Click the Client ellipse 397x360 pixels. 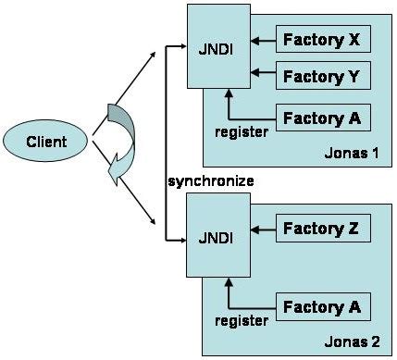tap(45, 141)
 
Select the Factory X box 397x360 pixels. tap(323, 39)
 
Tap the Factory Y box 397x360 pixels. tap(323, 76)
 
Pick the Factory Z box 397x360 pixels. tap(323, 228)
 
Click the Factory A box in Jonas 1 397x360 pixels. tap(323, 118)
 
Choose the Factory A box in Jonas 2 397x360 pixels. tap(323, 307)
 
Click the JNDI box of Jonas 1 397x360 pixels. tap(218, 46)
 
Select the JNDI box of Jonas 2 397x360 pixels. tap(218, 235)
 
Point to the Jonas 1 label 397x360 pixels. tap(352, 153)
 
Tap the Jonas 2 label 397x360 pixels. tap(352, 341)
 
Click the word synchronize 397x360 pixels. tap(211, 181)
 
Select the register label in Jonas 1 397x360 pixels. tap(242, 132)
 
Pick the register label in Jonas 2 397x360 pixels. tap(242, 321)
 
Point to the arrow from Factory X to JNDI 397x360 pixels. tap(263, 41)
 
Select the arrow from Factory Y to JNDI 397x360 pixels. tap(263, 73)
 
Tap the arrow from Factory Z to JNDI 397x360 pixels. tap(263, 230)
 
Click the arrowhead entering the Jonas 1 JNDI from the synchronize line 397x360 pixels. tap(183, 46)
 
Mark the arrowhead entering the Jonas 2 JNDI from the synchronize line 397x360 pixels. tap(183, 240)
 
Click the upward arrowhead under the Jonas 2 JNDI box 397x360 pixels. tap(229, 282)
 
